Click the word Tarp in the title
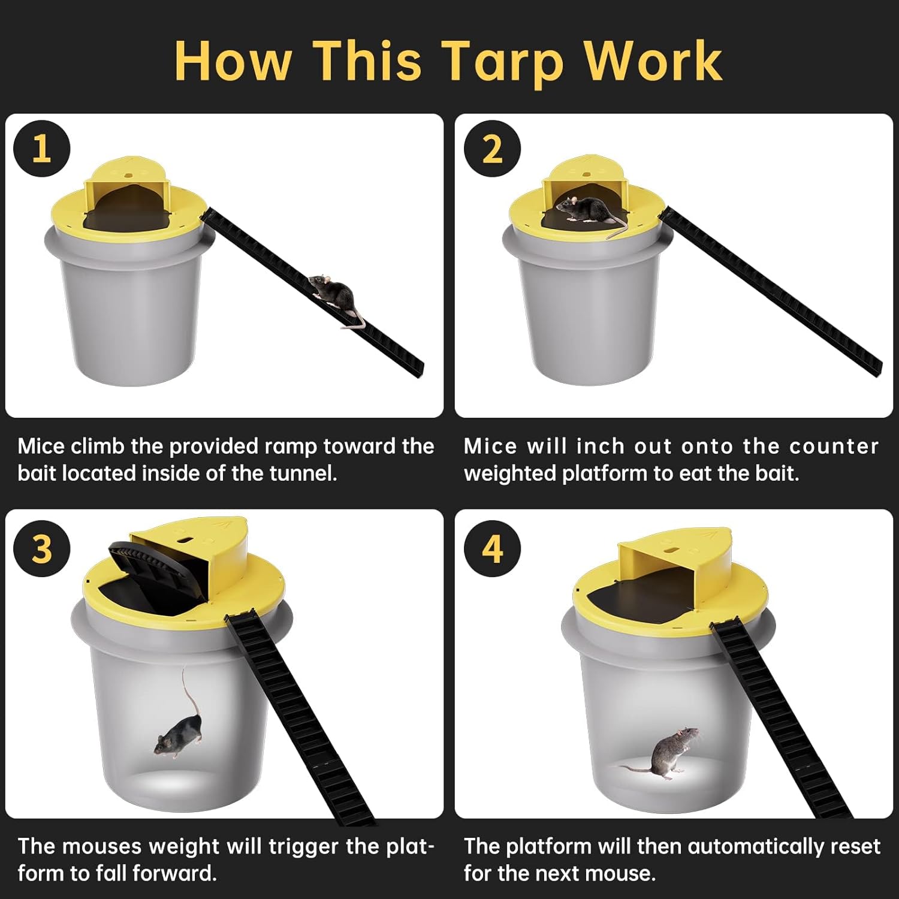[x=503, y=61]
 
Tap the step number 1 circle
[x=41, y=149]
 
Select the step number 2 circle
[x=492, y=149]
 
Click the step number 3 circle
[x=41, y=548]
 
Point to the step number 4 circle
[x=492, y=548]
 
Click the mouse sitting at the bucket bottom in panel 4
[x=670, y=754]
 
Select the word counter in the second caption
[x=833, y=447]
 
